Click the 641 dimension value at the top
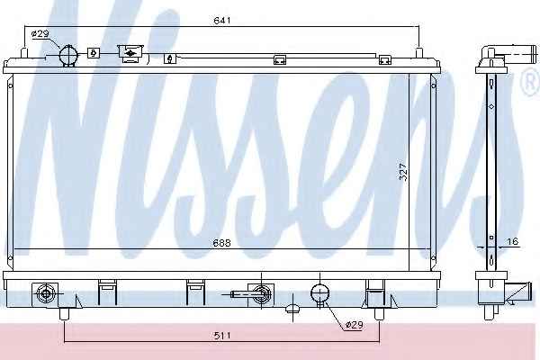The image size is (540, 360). pos(221,21)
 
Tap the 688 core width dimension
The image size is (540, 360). pos(221,243)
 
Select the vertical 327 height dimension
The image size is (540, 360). pos(403,172)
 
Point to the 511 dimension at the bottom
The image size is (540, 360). pos(221,335)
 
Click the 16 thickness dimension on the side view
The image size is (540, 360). pos(513,241)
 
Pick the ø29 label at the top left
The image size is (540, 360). pos(40,34)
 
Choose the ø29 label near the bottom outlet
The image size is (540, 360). pos(354,325)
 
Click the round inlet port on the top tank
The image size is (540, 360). pos(68,54)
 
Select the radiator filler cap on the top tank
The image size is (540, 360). pos(130,53)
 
